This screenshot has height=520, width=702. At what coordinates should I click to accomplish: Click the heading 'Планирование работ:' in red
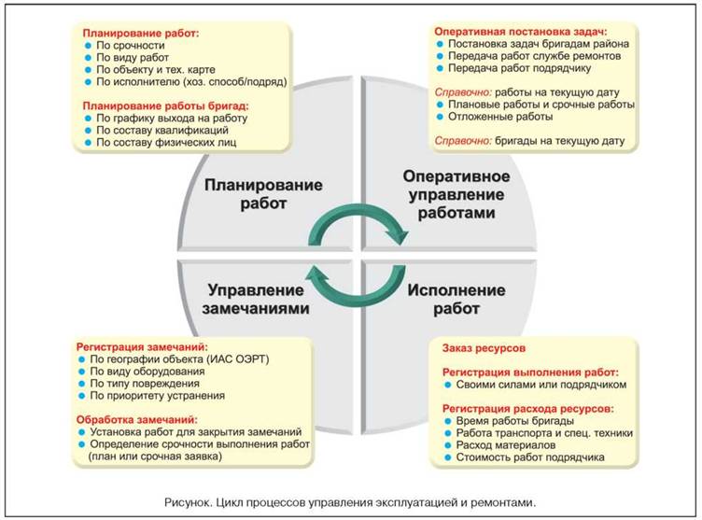[x=141, y=34]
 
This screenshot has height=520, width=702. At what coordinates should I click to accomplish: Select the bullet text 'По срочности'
[x=131, y=45]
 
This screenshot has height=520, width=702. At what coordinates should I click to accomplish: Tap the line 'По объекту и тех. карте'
[x=156, y=69]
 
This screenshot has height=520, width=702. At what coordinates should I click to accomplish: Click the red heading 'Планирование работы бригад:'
[x=165, y=106]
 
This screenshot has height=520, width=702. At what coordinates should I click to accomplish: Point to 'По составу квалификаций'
[x=162, y=131]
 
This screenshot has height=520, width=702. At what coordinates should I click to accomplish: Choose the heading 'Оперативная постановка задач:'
[x=521, y=32]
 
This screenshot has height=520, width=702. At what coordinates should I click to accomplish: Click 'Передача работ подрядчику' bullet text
[x=519, y=68]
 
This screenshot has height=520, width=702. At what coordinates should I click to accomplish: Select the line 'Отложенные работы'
[x=500, y=117]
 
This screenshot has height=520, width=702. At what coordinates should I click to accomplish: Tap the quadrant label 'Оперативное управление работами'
[x=456, y=194]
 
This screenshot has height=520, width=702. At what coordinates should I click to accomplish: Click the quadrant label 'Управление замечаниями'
[x=256, y=299]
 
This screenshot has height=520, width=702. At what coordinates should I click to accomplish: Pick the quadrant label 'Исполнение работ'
[x=456, y=299]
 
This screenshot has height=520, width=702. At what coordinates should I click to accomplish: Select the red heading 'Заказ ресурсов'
[x=484, y=348]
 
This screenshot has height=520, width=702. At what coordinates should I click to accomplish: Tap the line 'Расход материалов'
[x=505, y=445]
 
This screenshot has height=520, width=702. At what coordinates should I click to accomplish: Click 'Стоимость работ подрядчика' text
[x=530, y=457]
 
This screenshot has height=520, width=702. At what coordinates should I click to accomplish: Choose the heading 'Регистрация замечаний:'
[x=142, y=347]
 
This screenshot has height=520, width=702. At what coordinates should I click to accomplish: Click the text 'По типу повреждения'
[x=145, y=384]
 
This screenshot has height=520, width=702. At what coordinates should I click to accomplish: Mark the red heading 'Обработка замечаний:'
[x=136, y=420]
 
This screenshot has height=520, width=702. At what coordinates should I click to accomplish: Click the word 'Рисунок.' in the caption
[x=188, y=502]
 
